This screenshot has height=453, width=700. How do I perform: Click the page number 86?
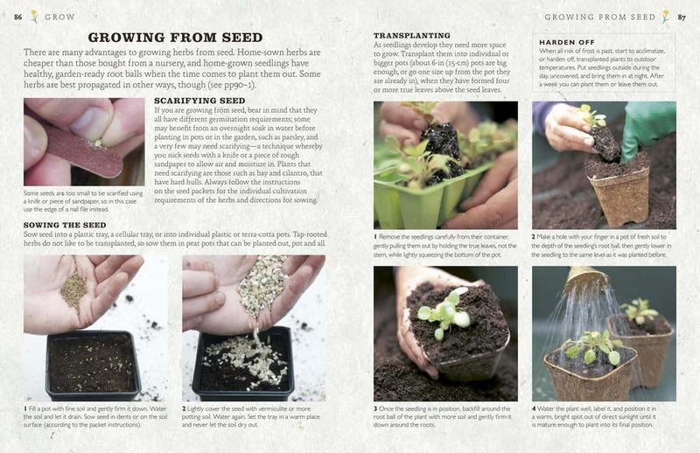tap(17, 16)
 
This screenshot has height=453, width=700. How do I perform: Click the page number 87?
tap(682, 16)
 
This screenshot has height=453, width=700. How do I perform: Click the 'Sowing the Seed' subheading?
tap(65, 225)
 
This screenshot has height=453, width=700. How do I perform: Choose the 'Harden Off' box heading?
tap(567, 42)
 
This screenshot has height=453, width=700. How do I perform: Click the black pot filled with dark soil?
tap(93, 362)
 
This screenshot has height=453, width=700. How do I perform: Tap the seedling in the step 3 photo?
tap(443, 312)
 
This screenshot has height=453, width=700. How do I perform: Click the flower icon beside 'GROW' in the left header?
tap(34, 16)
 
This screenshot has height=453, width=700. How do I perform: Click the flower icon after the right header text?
tap(665, 16)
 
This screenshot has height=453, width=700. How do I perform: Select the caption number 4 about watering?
tap(535, 409)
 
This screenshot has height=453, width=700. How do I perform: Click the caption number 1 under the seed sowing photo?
tap(26, 409)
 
